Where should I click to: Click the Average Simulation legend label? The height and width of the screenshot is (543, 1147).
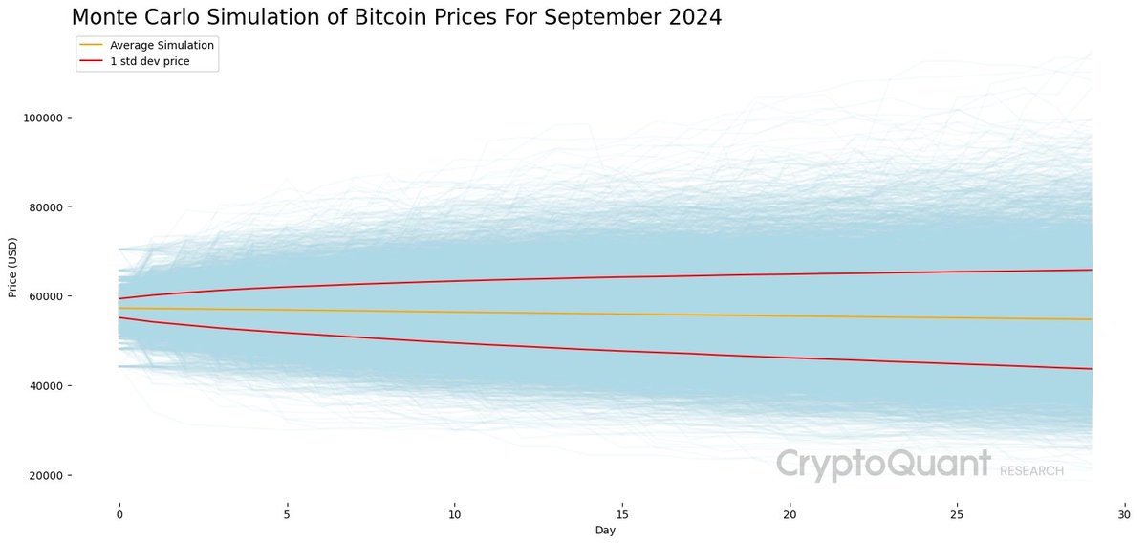coord(162,45)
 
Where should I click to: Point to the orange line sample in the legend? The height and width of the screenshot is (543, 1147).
coord(92,45)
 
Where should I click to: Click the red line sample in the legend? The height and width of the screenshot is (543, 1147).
coord(92,61)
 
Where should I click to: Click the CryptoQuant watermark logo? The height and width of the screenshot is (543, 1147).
coord(882,465)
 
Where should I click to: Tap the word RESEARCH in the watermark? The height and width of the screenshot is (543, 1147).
coord(1031,471)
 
